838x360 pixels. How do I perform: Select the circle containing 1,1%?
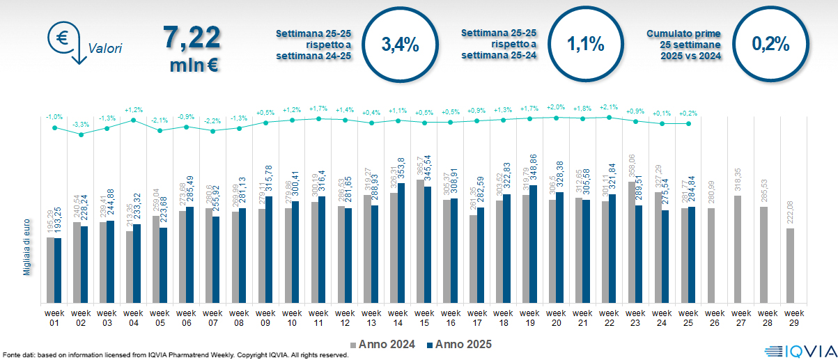[584, 45]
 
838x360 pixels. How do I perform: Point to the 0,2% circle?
[770, 45]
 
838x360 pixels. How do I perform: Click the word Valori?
[105, 49]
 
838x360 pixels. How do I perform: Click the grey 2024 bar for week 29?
[790, 265]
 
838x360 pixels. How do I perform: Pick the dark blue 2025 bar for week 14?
[401, 243]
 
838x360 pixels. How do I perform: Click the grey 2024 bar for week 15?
[419, 241]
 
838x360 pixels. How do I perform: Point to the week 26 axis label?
[712, 317]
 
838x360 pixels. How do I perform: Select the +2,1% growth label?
[608, 107]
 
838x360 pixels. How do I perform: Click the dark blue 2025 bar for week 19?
[534, 244]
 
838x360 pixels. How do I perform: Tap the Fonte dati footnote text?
[174, 355]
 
